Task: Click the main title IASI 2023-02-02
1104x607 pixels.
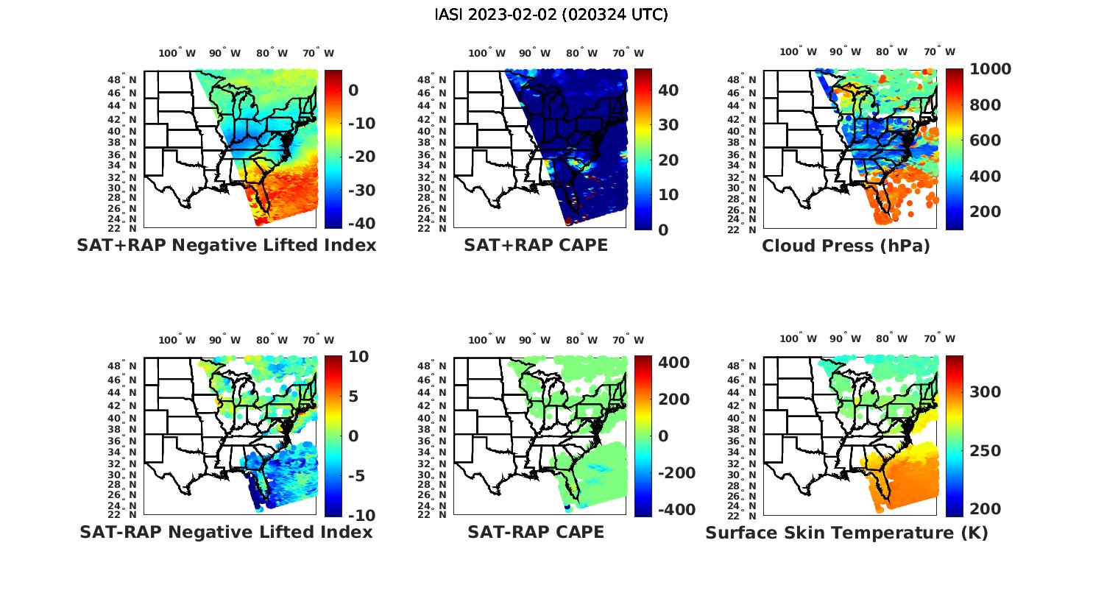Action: pyautogui.click(x=551, y=15)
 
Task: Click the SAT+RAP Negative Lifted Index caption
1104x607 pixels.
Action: pyautogui.click(x=226, y=245)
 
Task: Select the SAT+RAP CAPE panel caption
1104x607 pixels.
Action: pyautogui.click(x=536, y=245)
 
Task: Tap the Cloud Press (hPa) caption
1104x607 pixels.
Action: pyautogui.click(x=846, y=246)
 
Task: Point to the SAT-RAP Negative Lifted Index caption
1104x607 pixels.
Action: pyautogui.click(x=226, y=532)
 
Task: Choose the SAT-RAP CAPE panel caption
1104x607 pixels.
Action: pyautogui.click(x=536, y=532)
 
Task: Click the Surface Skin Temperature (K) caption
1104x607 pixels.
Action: pyautogui.click(x=846, y=533)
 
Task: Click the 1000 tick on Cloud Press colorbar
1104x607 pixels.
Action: pyautogui.click(x=990, y=69)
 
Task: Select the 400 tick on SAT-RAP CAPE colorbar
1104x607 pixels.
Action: pyautogui.click(x=673, y=363)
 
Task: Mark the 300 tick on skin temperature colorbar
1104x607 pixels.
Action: pyautogui.click(x=985, y=392)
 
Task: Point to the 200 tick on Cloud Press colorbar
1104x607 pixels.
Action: pyautogui.click(x=985, y=212)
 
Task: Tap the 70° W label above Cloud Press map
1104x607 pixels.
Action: pyautogui.click(x=940, y=52)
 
